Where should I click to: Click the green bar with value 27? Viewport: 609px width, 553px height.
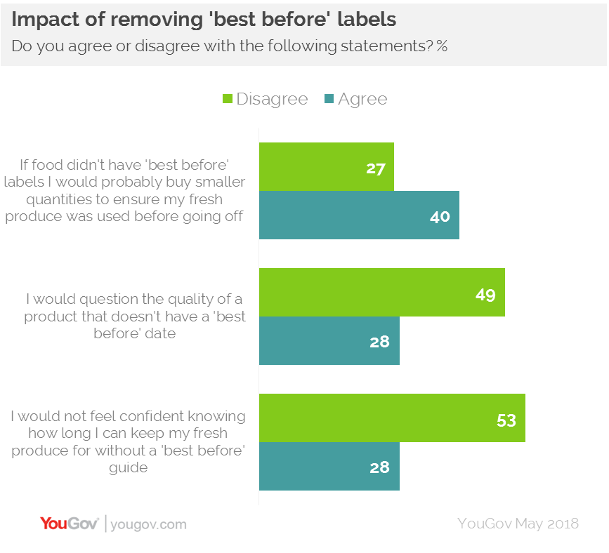[326, 167]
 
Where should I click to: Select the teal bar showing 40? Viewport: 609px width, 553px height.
[358, 215]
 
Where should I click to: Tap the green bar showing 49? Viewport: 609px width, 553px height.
[381, 293]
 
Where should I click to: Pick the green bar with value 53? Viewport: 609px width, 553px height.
[391, 418]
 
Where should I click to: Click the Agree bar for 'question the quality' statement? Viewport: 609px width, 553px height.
[329, 341]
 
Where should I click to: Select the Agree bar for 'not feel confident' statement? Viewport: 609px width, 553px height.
[329, 466]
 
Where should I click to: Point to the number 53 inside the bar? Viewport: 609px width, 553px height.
[506, 420]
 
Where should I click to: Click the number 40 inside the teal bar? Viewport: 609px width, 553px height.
[440, 216]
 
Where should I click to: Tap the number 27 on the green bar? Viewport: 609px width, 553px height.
[375, 168]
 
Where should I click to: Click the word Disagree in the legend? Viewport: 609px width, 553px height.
[272, 99]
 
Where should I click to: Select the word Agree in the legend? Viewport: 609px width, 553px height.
[362, 99]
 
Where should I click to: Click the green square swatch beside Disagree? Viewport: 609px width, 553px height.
[227, 99]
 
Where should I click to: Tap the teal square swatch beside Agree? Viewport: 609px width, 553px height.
[328, 99]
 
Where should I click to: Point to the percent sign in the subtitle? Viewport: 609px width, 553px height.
[442, 46]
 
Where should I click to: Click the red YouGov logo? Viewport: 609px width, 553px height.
[70, 524]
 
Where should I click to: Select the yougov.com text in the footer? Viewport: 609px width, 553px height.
[149, 524]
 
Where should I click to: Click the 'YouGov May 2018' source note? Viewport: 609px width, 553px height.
[518, 524]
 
